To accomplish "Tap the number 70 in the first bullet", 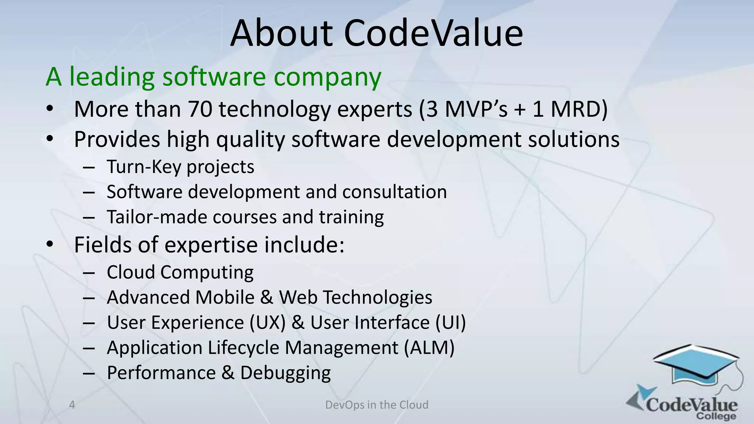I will (x=200, y=109).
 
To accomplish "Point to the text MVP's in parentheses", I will (x=476, y=109).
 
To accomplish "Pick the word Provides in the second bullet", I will (x=117, y=139).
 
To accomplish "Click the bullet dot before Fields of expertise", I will (x=50, y=244).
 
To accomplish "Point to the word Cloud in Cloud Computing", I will (x=131, y=272).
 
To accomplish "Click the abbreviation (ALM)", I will (x=429, y=348).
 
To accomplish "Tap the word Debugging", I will (x=285, y=373).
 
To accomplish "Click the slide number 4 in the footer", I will (x=72, y=405).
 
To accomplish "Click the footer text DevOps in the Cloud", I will (x=377, y=405).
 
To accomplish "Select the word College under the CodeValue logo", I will (x=716, y=416).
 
